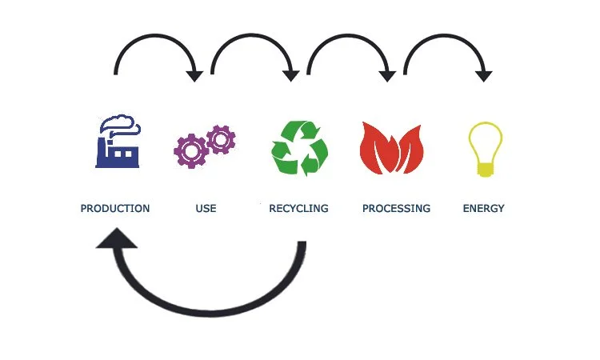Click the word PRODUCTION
pos(115,209)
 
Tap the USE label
pos(206,209)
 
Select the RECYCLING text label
pos(298,209)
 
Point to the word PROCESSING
pos(396,209)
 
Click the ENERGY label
pos(484,209)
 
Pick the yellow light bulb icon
pos(485,149)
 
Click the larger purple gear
pos(191,150)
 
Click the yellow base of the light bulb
pos(485,169)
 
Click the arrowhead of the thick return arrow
pos(115,240)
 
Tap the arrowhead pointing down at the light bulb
pos(483,75)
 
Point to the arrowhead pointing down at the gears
pos(194,75)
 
